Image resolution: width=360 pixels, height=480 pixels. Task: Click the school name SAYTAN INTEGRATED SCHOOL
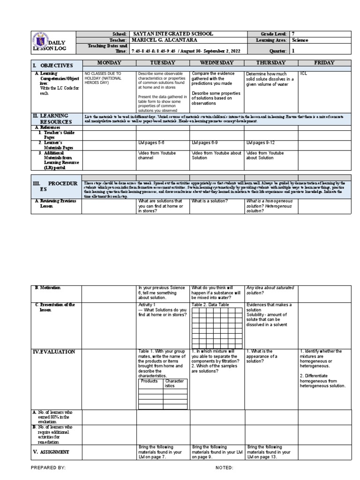click(x=173, y=34)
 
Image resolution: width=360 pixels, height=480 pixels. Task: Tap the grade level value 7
click(x=294, y=34)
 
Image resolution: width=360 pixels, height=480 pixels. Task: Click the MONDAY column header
click(x=109, y=63)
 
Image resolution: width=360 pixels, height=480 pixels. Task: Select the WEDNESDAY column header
click(x=217, y=63)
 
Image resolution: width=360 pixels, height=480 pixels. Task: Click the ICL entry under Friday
click(x=303, y=74)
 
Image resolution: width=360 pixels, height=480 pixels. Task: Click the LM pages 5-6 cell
click(x=152, y=142)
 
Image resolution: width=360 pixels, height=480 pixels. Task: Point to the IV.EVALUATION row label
click(x=54, y=352)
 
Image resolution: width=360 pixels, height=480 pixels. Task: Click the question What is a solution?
click(x=209, y=201)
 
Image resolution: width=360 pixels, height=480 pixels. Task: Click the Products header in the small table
click(x=150, y=381)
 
